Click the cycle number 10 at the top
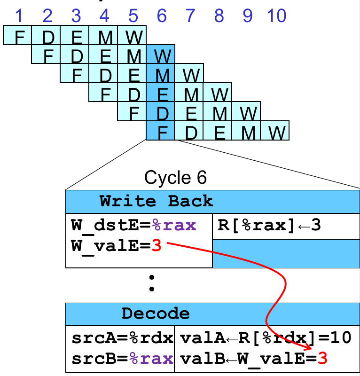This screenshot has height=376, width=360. point(276,16)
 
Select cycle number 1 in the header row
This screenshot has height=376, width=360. point(19,16)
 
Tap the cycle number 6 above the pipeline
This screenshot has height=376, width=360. point(162,16)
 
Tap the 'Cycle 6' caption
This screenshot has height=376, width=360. point(175,178)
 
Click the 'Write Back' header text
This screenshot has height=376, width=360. point(156,202)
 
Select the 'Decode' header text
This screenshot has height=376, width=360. point(156,313)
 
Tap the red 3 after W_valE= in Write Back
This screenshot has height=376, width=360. point(157,245)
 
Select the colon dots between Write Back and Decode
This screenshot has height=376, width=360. point(151,283)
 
